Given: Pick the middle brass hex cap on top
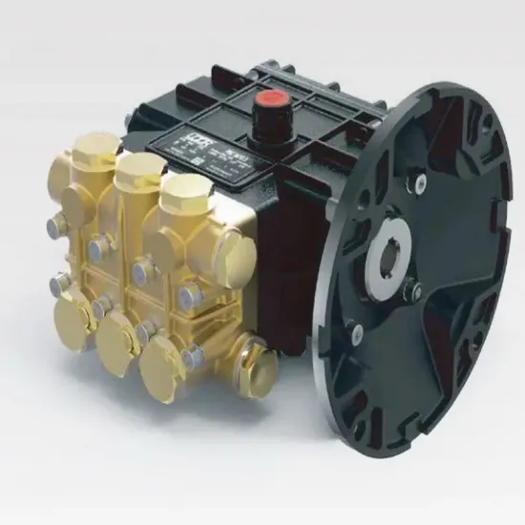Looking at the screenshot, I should pyautogui.click(x=134, y=168).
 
